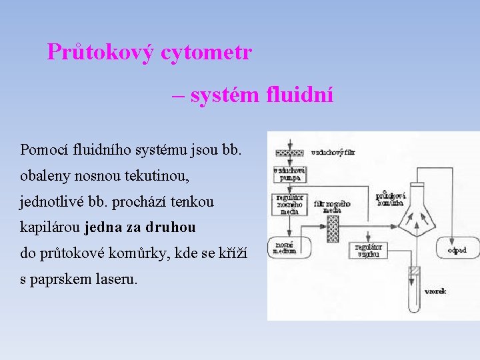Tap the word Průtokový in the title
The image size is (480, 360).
[100, 52]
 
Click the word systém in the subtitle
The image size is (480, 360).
[225, 95]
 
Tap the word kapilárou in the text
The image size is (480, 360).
[49, 227]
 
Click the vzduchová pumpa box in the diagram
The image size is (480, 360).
[289, 174]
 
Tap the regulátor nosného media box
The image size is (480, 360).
[289, 204]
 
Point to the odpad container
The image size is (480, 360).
[457, 250]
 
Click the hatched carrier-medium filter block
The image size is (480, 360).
[333, 227]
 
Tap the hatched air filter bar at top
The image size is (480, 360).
[289, 152]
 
